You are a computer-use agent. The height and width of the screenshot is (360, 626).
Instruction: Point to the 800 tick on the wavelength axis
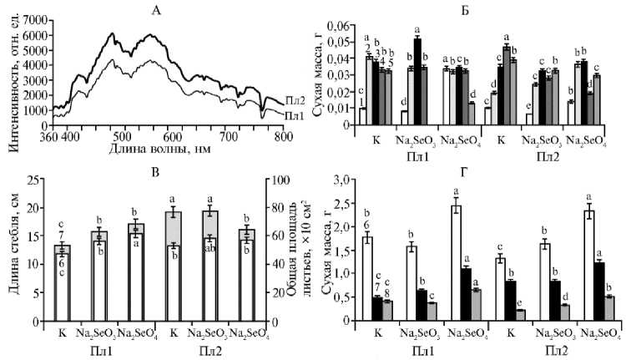[x=285, y=134]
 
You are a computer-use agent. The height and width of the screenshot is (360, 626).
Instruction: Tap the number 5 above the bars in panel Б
[x=389, y=63]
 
